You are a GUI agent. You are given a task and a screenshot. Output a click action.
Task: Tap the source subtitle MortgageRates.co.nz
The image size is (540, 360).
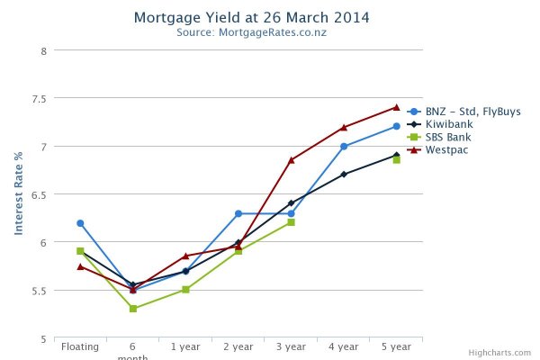(x=251, y=33)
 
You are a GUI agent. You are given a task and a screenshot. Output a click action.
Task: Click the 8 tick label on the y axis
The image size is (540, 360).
(x=42, y=50)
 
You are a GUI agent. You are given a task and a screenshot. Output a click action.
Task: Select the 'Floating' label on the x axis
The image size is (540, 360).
(x=80, y=346)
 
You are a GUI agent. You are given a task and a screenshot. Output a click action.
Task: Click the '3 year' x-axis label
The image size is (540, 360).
(x=291, y=346)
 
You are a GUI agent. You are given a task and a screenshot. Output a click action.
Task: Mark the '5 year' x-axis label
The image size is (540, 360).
(x=396, y=346)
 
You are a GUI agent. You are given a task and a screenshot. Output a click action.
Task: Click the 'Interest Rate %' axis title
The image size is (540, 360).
(x=18, y=193)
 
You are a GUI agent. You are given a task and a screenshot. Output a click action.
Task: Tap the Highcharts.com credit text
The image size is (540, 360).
(x=507, y=353)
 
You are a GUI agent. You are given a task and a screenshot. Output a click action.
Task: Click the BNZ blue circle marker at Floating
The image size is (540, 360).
(x=80, y=223)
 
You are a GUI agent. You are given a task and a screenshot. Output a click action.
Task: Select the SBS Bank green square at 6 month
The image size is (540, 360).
(x=133, y=309)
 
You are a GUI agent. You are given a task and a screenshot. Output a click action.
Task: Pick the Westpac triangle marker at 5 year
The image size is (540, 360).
(x=396, y=107)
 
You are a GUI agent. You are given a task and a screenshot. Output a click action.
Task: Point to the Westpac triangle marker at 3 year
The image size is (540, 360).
(x=291, y=160)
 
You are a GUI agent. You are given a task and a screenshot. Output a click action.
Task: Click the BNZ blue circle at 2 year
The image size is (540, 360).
(x=238, y=213)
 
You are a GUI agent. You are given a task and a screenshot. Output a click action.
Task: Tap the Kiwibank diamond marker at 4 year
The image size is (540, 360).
(x=344, y=174)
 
